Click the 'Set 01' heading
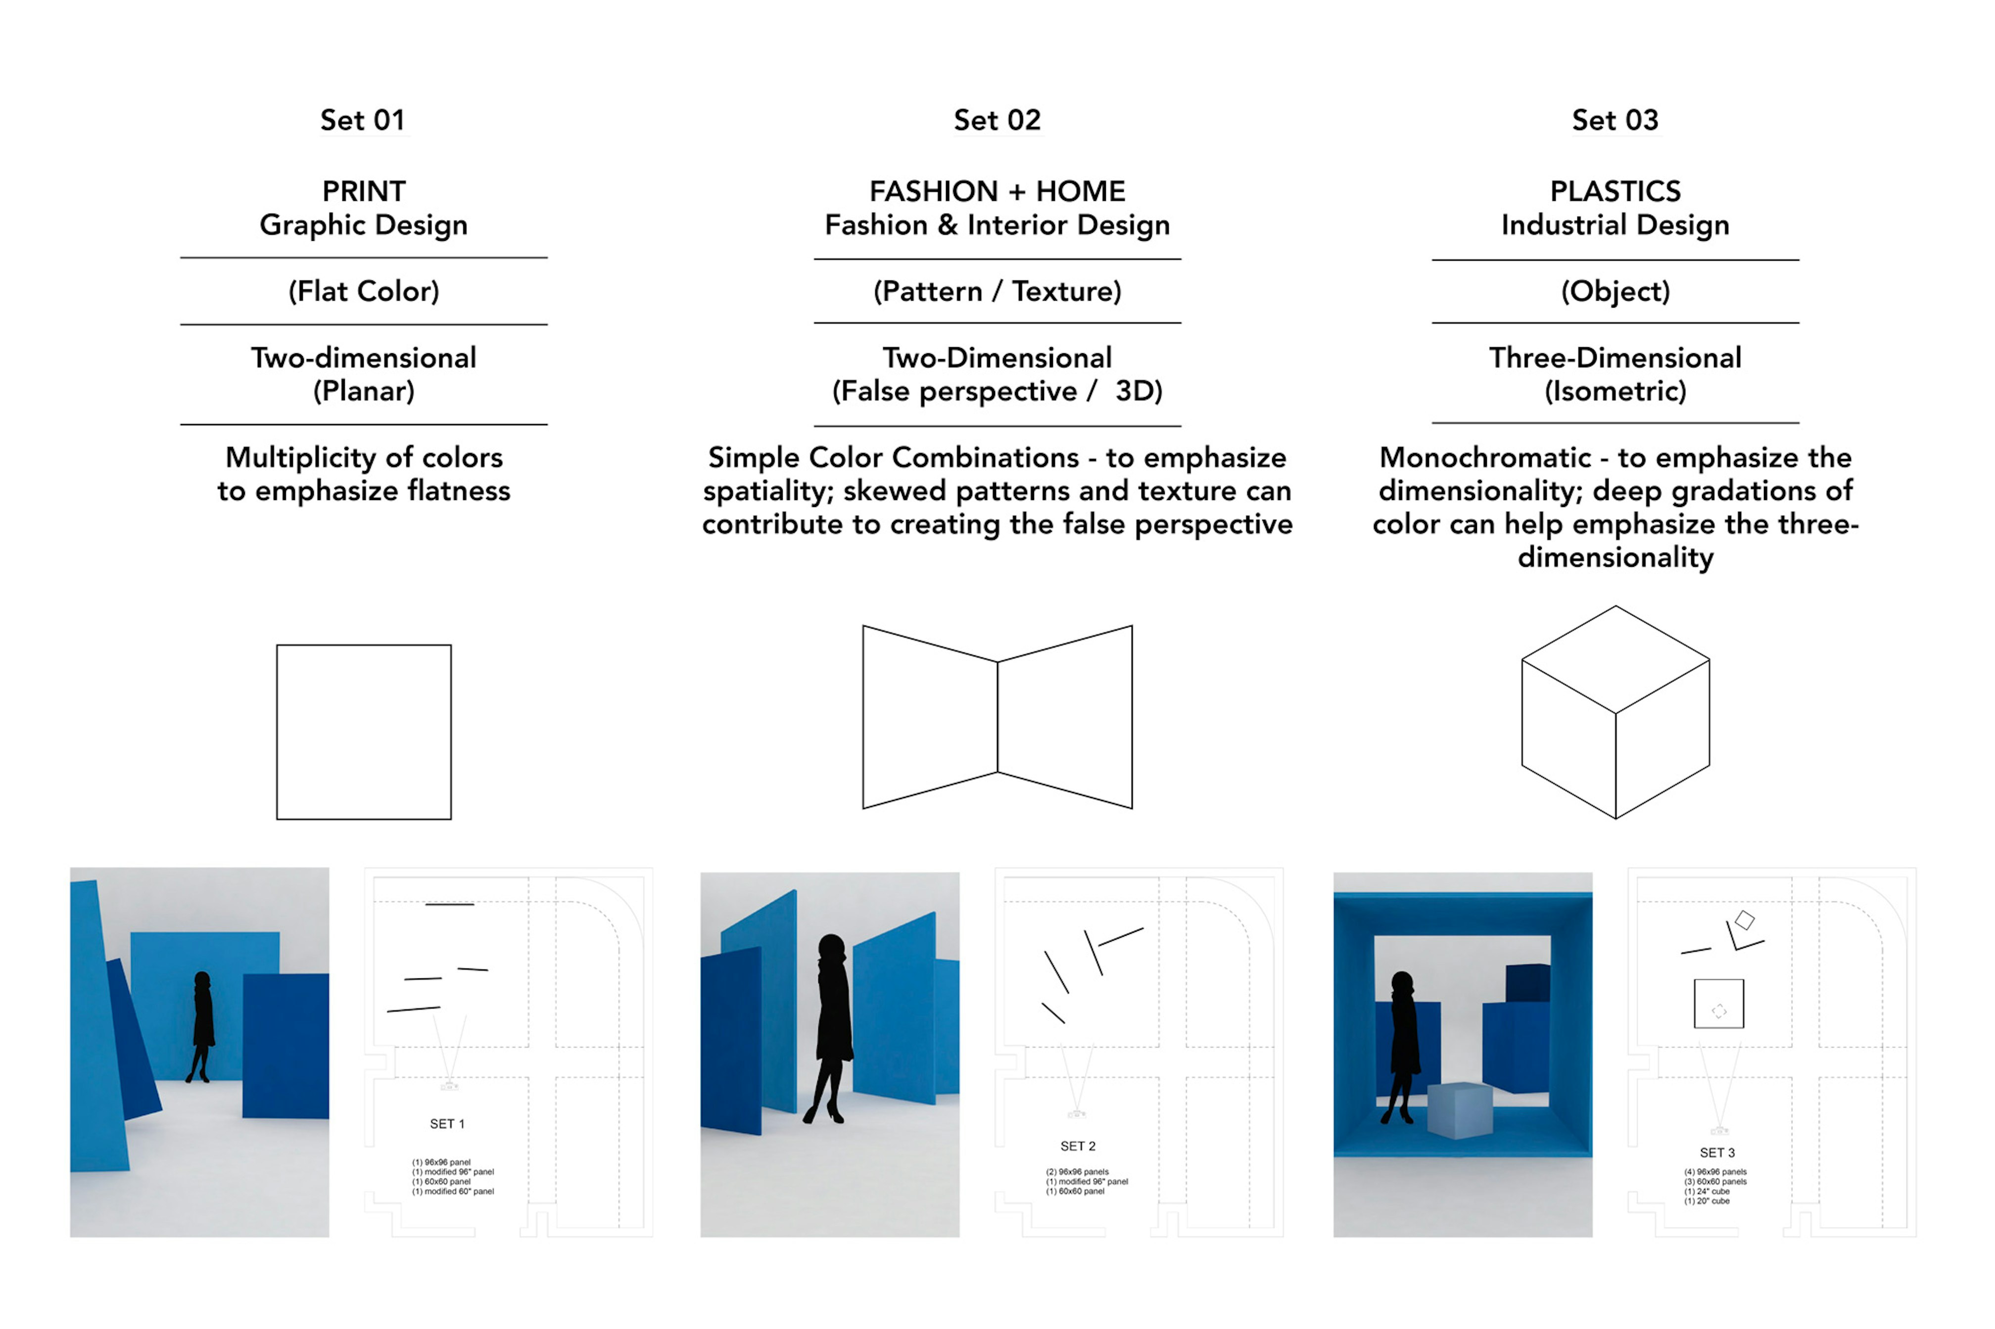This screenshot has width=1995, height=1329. point(362,120)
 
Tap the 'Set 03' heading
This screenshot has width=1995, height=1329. point(1615,120)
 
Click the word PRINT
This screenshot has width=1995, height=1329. point(364,191)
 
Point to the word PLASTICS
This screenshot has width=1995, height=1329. point(1615,191)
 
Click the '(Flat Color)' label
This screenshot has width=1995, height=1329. point(364,291)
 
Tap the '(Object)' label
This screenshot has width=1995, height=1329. point(1615,291)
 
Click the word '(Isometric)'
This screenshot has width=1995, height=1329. point(1615,392)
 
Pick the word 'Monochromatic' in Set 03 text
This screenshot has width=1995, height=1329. point(1484,458)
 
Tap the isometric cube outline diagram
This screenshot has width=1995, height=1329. point(1615,712)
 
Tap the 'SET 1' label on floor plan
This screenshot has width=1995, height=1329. point(447,1124)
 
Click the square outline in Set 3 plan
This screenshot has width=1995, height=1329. point(1718,1004)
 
